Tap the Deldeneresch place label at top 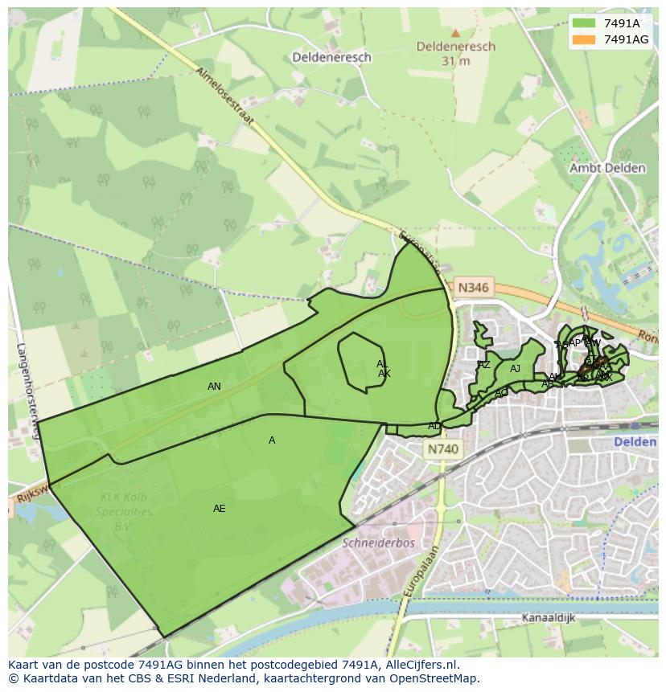click(x=331, y=57)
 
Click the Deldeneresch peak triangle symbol click(x=455, y=33)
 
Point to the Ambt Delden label click(x=606, y=168)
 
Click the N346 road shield click(x=471, y=287)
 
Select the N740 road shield click(x=442, y=450)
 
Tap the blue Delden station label click(x=635, y=442)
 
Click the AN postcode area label click(x=214, y=387)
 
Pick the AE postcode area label click(x=219, y=509)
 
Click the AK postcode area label click(x=384, y=374)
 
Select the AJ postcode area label click(x=515, y=369)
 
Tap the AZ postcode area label click(x=484, y=365)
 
